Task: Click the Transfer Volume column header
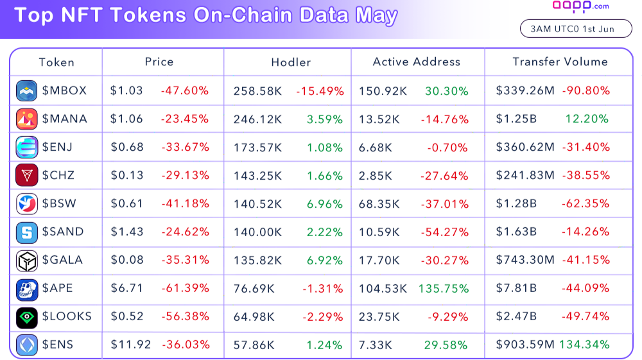point(560,62)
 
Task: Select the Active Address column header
point(416,62)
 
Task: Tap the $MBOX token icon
point(27,90)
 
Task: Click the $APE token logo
point(27,289)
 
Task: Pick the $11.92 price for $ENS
point(130,345)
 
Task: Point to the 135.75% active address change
point(444,289)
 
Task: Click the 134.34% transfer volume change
point(584,345)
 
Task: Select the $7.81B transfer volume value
point(516,288)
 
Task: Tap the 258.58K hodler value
point(257,91)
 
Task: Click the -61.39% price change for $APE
point(185,288)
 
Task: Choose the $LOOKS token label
point(67,316)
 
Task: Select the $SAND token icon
point(27,232)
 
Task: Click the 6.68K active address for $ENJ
point(376,148)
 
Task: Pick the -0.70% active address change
point(447,148)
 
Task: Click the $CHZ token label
point(59,175)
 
